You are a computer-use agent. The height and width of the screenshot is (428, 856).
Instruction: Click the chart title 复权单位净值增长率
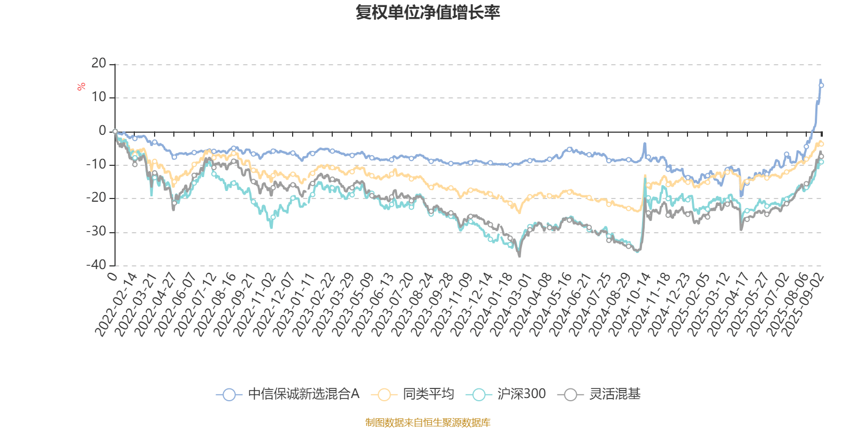[x=427, y=12]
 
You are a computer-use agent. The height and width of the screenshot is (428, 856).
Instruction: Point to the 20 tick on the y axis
[x=99, y=64]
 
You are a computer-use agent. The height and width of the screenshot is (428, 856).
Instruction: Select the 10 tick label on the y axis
[x=99, y=97]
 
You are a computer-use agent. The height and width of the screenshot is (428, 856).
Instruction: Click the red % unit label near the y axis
[x=81, y=87]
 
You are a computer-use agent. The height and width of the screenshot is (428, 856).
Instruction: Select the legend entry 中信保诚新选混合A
[x=288, y=395]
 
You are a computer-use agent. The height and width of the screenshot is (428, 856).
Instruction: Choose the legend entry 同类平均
[x=416, y=395]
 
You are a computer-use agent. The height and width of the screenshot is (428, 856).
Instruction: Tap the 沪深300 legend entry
[x=506, y=395]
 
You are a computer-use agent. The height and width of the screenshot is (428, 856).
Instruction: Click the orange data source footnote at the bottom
[x=427, y=423]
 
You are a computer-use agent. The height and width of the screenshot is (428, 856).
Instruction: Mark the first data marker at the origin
[x=115, y=131]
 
